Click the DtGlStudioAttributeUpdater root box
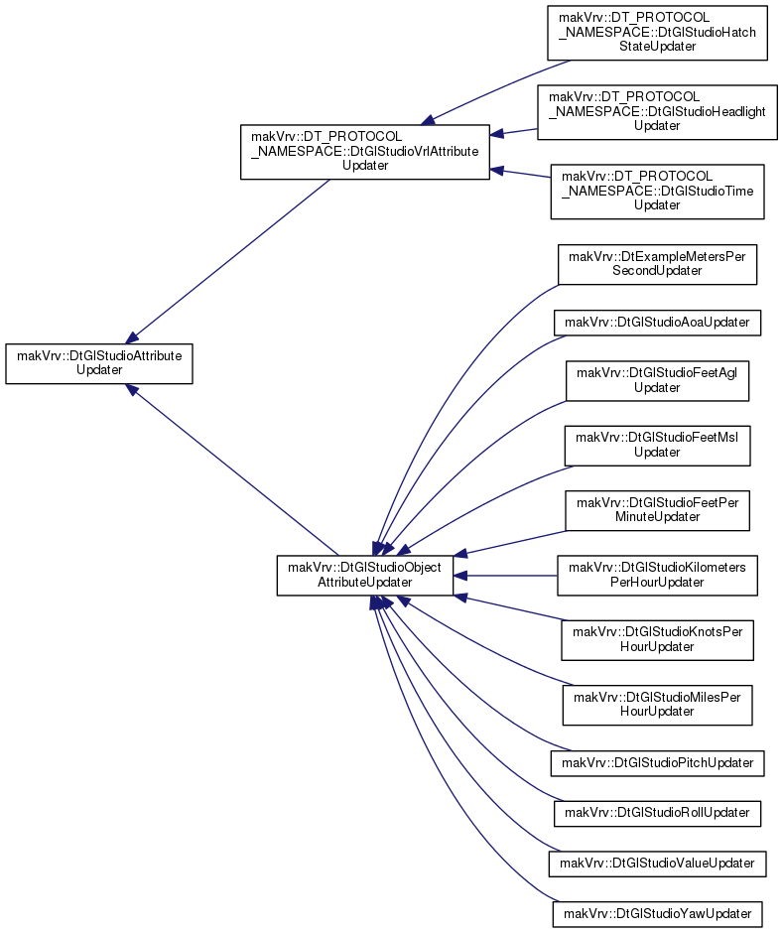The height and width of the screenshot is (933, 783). click(99, 363)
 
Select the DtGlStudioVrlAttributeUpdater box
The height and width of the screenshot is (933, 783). click(365, 152)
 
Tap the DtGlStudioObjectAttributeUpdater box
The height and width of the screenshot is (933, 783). click(365, 575)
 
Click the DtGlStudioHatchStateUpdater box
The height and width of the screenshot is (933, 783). click(657, 33)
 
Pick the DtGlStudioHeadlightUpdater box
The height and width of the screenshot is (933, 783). click(657, 112)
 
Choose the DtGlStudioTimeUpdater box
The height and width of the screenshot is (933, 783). click(657, 192)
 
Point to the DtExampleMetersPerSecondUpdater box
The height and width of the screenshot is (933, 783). click(657, 264)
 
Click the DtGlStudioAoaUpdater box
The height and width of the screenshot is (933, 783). click(657, 323)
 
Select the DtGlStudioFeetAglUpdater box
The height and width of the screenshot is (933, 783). click(657, 380)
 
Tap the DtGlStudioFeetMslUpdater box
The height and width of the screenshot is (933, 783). click(657, 445)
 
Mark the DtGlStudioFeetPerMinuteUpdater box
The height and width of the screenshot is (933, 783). click(657, 510)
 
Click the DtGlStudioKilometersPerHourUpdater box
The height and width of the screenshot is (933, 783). click(657, 576)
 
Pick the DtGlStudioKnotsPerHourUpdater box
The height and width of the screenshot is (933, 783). click(657, 640)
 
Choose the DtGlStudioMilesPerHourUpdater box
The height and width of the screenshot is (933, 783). click(657, 705)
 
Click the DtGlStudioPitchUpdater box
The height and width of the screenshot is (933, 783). click(657, 763)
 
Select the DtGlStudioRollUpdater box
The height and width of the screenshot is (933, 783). click(657, 814)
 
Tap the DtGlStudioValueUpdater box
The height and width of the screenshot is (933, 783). click(657, 864)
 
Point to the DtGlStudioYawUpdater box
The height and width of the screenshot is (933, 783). click(657, 914)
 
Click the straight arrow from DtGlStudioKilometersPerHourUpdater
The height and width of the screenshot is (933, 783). click(505, 576)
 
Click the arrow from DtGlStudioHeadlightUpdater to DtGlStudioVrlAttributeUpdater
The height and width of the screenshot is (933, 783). click(513, 131)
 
